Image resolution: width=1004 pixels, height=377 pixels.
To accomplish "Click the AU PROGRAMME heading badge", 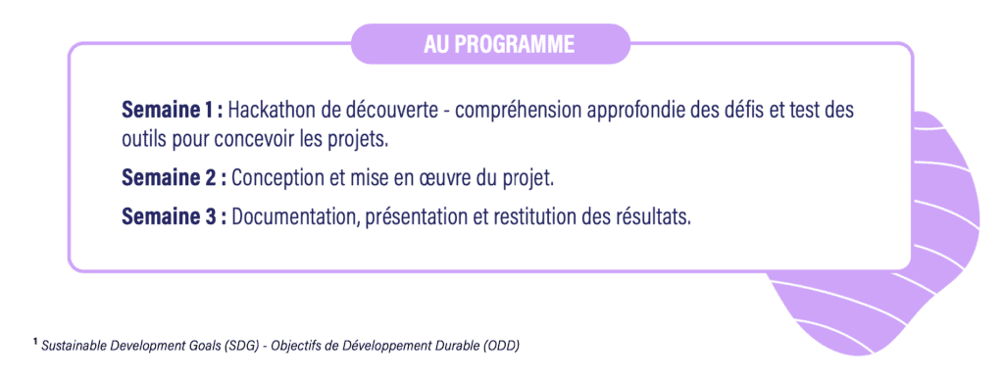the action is pyautogui.click(x=491, y=44).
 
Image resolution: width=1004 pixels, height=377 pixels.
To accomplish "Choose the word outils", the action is pyautogui.click(x=143, y=139).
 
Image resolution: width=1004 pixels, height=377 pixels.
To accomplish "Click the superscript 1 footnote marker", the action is pyautogui.click(x=36, y=343).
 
